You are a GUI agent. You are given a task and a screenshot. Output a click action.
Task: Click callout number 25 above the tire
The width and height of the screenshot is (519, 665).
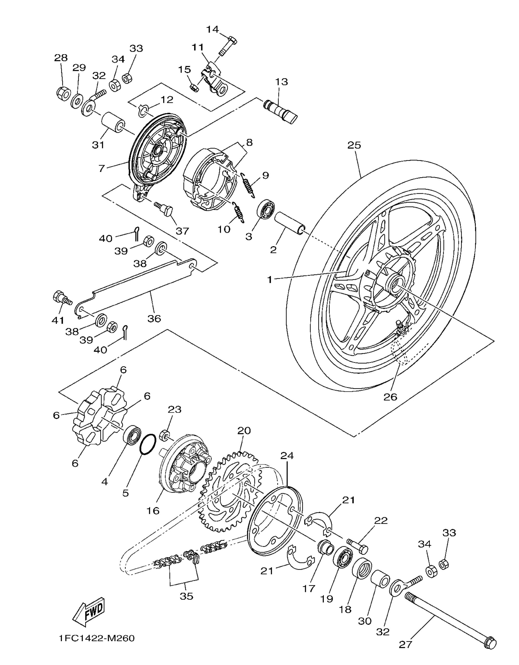click(354, 145)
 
